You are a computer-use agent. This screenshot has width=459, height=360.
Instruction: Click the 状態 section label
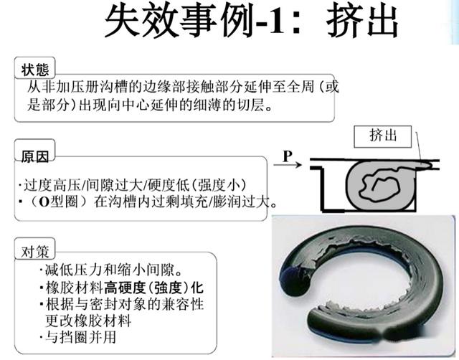tap(35, 69)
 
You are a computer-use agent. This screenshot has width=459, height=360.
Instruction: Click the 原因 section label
tap(35, 156)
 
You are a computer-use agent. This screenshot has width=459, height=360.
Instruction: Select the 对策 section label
tap(35, 252)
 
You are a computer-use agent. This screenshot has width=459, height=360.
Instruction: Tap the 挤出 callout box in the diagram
tap(382, 136)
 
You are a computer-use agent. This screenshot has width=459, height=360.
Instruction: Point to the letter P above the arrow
tap(288, 156)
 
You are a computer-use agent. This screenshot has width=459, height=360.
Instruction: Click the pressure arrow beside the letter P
tap(288, 165)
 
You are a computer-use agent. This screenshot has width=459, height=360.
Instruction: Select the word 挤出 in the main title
tap(362, 22)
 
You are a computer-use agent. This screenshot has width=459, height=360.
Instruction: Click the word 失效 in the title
tap(141, 22)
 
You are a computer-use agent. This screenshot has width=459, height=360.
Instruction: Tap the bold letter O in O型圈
tap(44, 202)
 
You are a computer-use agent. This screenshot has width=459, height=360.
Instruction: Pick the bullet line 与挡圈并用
tap(78, 337)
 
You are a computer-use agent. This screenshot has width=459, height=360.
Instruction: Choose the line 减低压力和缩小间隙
tap(110, 270)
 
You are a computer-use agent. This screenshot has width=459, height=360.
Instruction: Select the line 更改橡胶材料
tap(88, 321)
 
